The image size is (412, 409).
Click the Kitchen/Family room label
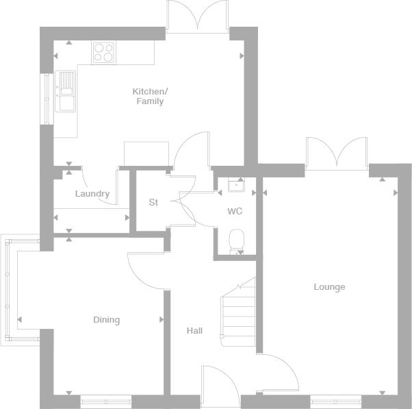[x=149, y=97]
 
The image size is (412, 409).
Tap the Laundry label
[x=92, y=194]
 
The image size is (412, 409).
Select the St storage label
[x=153, y=202]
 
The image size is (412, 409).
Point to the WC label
[x=235, y=211]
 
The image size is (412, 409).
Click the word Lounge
[x=329, y=287]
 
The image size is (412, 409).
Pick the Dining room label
[x=106, y=320]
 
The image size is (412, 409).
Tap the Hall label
[x=194, y=331]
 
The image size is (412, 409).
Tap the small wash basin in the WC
[x=236, y=185]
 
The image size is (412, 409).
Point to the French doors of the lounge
[x=336, y=153]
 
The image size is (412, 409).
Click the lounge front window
[x=336, y=400]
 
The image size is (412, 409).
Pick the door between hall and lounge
[x=279, y=373]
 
